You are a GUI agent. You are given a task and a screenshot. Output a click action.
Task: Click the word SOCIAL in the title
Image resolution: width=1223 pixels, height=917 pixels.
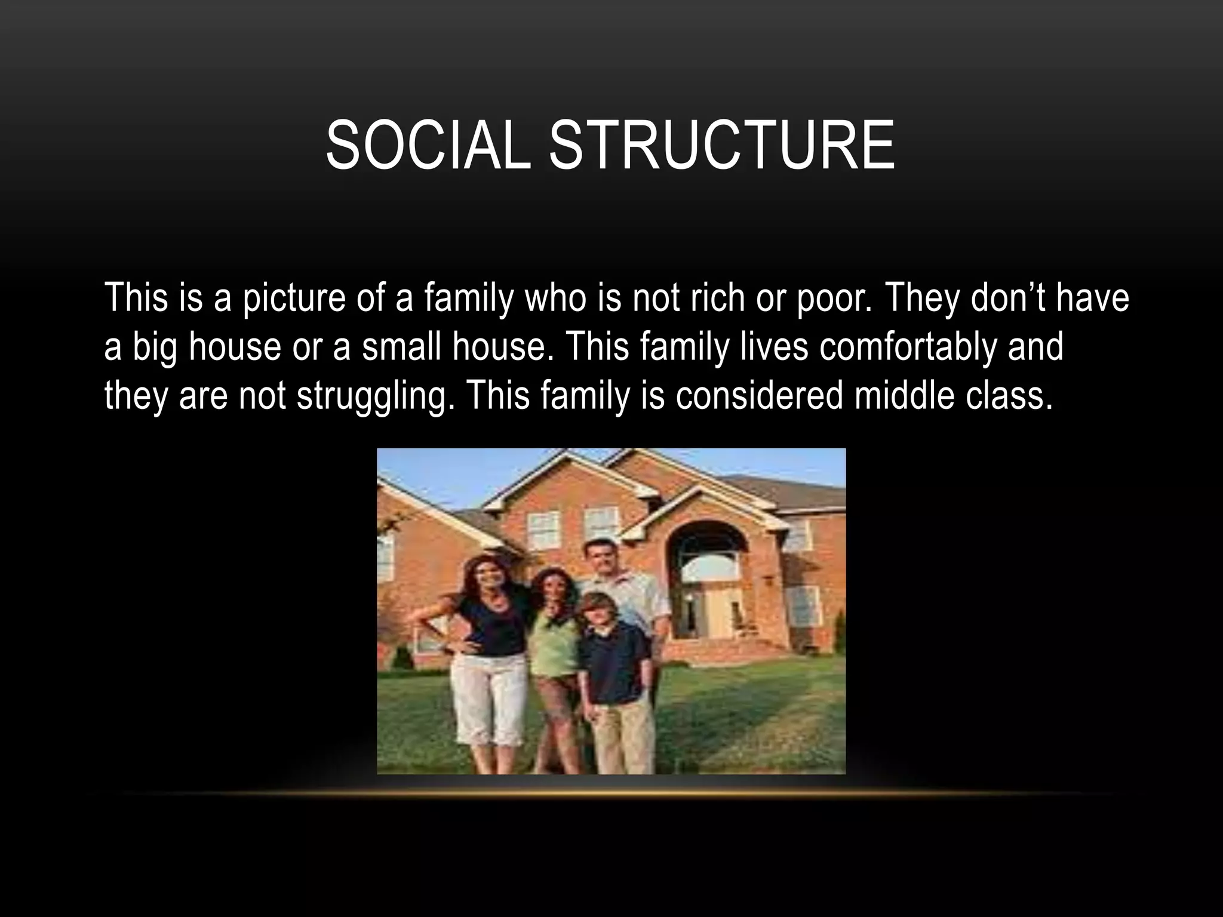coord(428,146)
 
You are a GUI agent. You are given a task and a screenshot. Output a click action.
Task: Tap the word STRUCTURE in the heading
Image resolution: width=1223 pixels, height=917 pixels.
coord(721,146)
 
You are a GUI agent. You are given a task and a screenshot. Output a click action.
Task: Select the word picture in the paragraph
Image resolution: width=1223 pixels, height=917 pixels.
coord(294,299)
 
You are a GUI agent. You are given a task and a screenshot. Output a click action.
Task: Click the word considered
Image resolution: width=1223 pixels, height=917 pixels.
coord(759,395)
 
